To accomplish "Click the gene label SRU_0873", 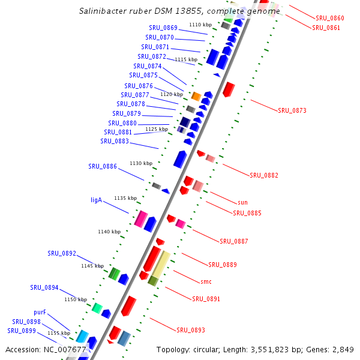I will click(x=292, y=110).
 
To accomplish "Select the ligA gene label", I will click(x=96, y=200).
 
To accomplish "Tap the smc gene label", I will click(x=206, y=281).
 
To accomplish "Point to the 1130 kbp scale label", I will click(x=141, y=163).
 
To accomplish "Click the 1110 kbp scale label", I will click(x=200, y=25).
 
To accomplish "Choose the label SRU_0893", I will click(x=191, y=330).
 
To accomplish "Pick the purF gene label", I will click(x=40, y=312).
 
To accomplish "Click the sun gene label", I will click(x=242, y=202).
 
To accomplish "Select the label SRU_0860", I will click(x=330, y=19).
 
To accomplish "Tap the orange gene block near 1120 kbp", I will click(x=196, y=96).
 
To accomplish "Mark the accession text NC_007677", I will click(x=62, y=349).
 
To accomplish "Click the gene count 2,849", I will click(x=343, y=349).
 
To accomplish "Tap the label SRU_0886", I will click(x=103, y=166).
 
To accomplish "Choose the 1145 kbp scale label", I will click(x=92, y=266).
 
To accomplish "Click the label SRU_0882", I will click(x=264, y=175).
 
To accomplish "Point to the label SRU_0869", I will click(x=163, y=28).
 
